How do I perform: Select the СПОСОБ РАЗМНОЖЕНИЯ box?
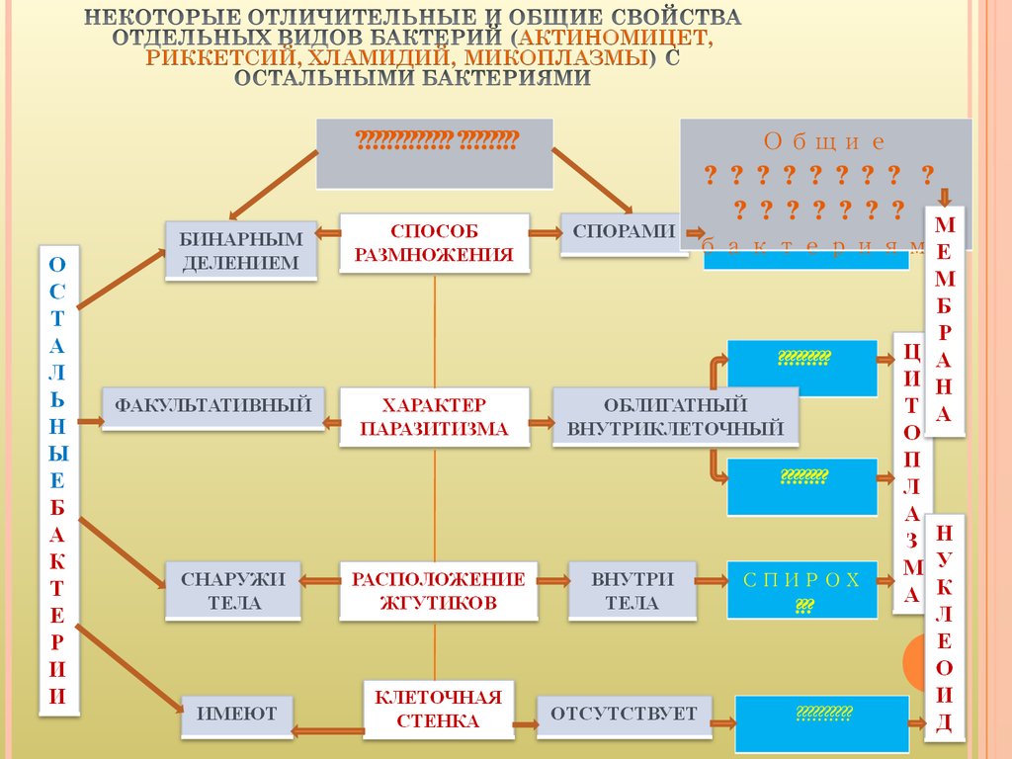pyautogui.click(x=435, y=242)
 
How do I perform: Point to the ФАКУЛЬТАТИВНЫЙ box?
pyautogui.click(x=213, y=405)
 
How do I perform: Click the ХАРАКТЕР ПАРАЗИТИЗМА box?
pyautogui.click(x=434, y=417)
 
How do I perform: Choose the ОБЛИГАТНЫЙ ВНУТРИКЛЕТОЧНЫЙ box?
pyautogui.click(x=675, y=417)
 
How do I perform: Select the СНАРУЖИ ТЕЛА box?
pyautogui.click(x=233, y=591)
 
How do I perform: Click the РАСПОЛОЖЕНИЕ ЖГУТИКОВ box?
pyautogui.click(x=438, y=590)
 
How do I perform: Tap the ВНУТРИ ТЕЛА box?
pyautogui.click(x=632, y=590)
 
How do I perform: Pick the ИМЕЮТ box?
pyautogui.click(x=236, y=715)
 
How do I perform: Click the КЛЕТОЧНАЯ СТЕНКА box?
pyautogui.click(x=437, y=709)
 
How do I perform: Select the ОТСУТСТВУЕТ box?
pyautogui.click(x=624, y=715)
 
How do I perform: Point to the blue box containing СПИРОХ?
pyautogui.click(x=802, y=590)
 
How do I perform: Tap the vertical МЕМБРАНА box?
pyautogui.click(x=944, y=316)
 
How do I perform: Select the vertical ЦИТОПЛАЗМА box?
pyautogui.click(x=911, y=473)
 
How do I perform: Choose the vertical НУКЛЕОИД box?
pyautogui.click(x=944, y=628)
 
